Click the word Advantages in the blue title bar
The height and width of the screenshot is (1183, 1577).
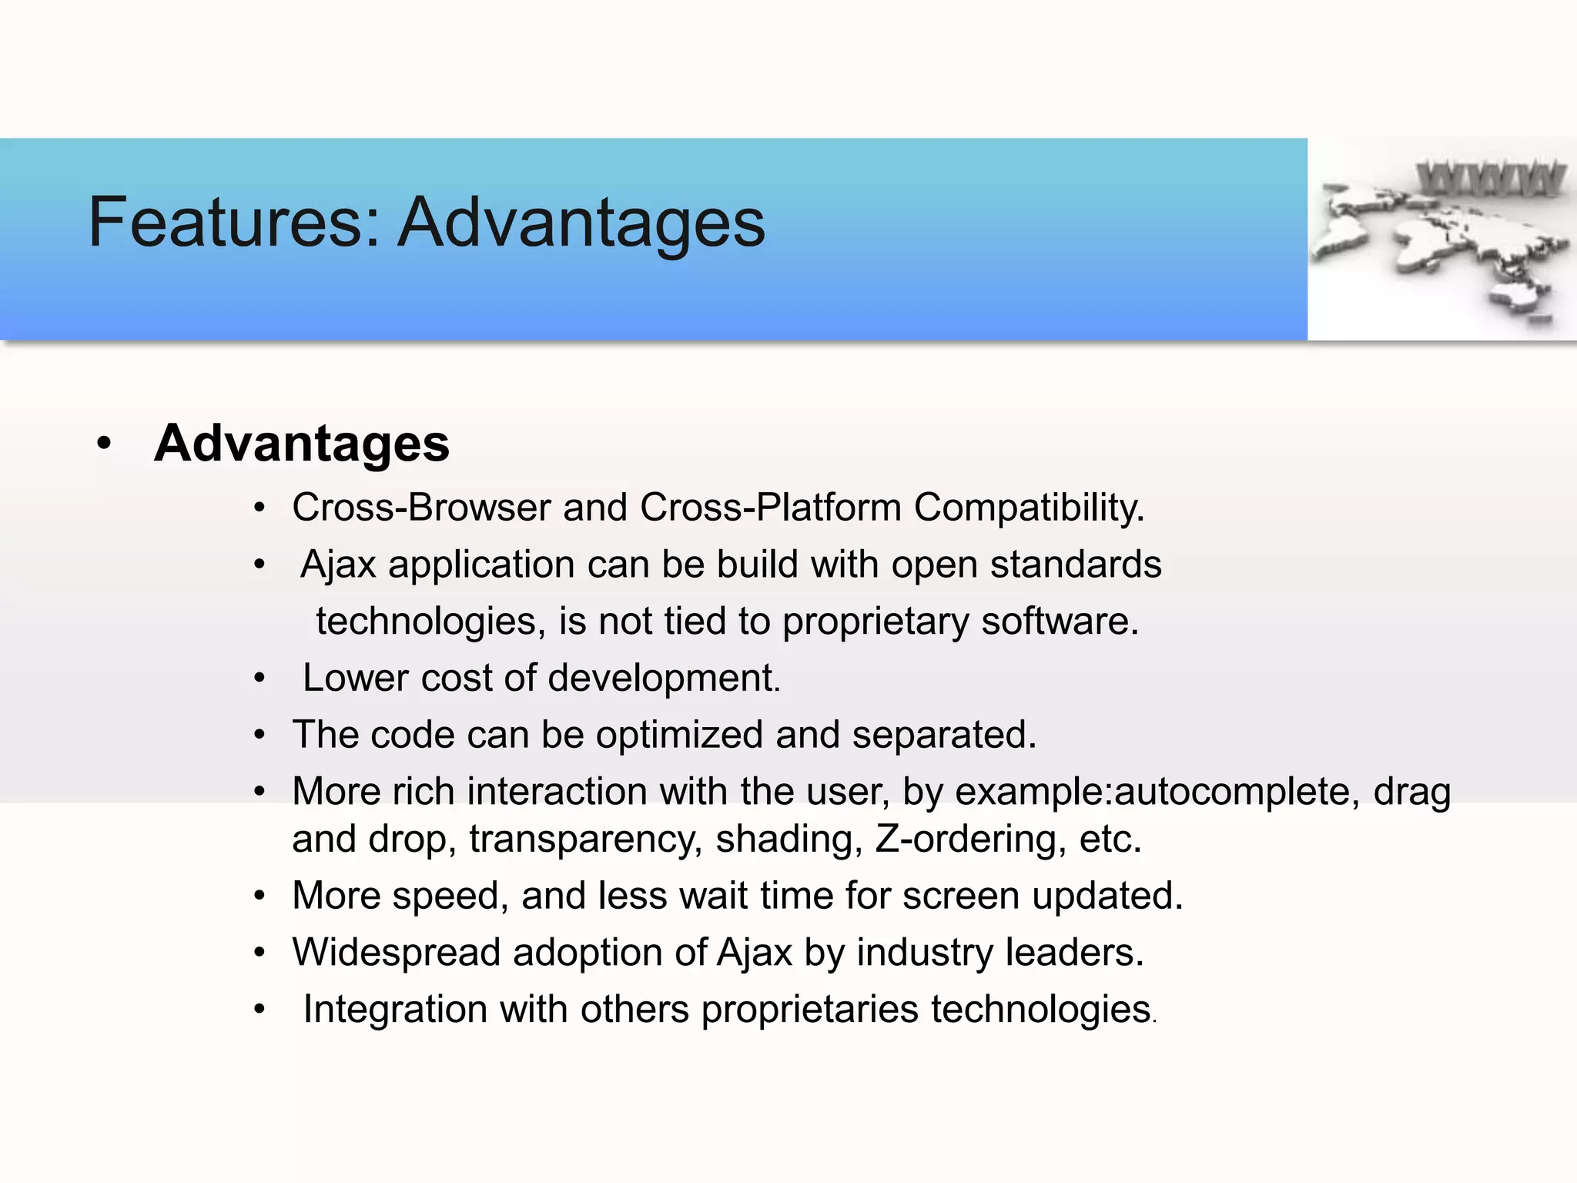pyautogui.click(x=581, y=223)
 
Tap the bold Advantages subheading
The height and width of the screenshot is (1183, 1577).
pyautogui.click(x=301, y=444)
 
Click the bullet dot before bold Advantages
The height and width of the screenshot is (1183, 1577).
pyautogui.click(x=105, y=444)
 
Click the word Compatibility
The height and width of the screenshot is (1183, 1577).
pyautogui.click(x=1030, y=508)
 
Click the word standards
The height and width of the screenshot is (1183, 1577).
pyautogui.click(x=1076, y=565)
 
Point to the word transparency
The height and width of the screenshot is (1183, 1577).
pyautogui.click(x=585, y=839)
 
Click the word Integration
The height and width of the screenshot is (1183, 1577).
pyautogui.click(x=395, y=1010)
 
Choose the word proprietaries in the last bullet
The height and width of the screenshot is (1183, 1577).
pyautogui.click(x=809, y=1010)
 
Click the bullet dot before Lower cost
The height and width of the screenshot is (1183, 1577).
pyautogui.click(x=260, y=679)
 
